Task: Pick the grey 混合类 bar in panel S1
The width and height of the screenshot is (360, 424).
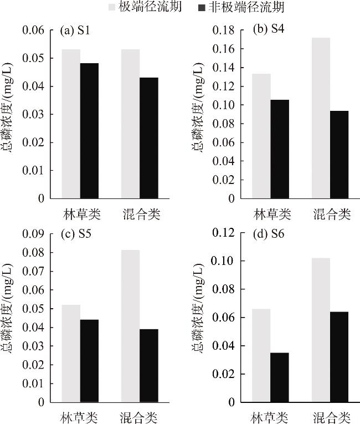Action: [130, 124]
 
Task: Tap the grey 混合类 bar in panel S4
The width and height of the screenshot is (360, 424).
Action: [321, 118]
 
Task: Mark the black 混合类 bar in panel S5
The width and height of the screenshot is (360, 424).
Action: [148, 365]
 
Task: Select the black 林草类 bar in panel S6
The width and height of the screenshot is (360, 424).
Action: [279, 377]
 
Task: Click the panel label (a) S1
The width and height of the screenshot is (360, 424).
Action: [75, 31]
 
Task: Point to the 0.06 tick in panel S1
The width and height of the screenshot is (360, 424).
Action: [34, 30]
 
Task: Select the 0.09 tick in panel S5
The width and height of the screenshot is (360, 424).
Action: [34, 234]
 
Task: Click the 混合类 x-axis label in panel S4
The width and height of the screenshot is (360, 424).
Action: [332, 214]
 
